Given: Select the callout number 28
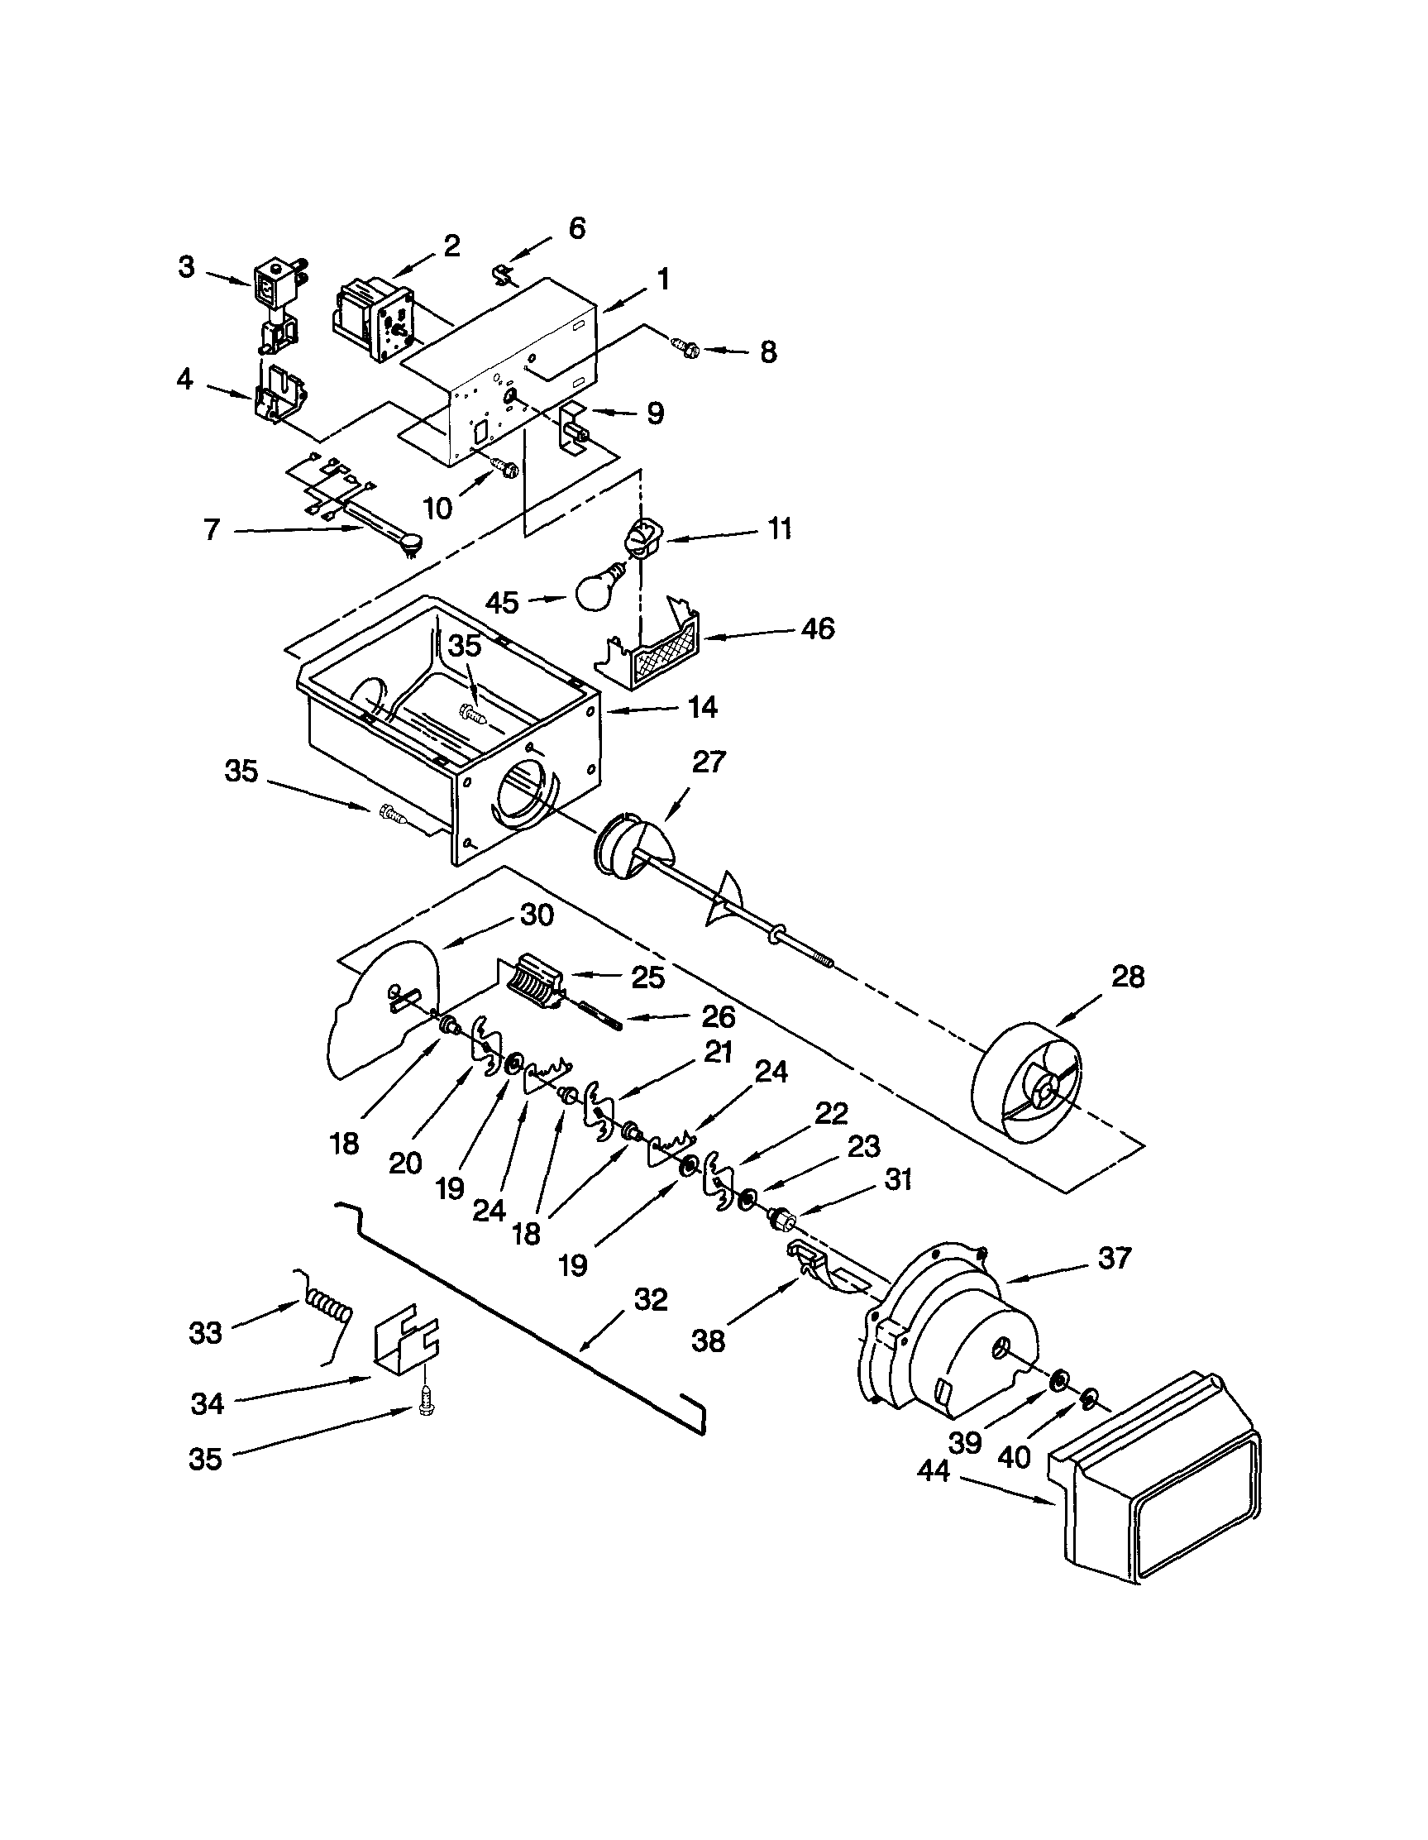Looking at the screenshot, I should click(x=1127, y=977).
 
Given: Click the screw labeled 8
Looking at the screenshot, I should click(x=683, y=346).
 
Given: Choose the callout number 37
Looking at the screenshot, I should click(x=1114, y=1258).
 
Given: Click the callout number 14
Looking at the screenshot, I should click(x=702, y=708).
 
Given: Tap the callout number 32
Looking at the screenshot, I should click(x=650, y=1299).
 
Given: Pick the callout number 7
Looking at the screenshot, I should click(x=212, y=529).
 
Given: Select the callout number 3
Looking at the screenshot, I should click(x=187, y=267).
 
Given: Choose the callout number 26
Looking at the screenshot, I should click(x=718, y=1017).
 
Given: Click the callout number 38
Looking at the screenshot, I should click(x=708, y=1341).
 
